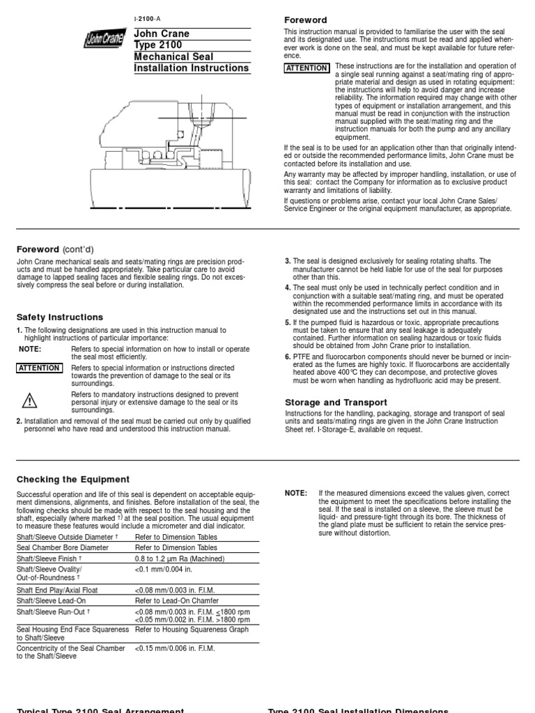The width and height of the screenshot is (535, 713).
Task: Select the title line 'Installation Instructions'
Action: [191, 68]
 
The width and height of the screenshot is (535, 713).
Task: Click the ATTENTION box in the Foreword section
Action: [307, 68]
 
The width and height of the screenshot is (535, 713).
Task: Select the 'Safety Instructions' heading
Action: [59, 317]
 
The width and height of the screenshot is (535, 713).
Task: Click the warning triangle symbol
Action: [29, 400]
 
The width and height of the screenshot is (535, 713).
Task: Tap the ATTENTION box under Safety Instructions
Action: [39, 368]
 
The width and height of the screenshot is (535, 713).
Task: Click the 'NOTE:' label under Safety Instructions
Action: [30, 349]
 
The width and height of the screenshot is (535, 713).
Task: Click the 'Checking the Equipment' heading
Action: [73, 479]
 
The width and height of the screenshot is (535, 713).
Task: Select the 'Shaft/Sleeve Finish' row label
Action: [48, 558]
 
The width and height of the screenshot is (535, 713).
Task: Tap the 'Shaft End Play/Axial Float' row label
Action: [57, 590]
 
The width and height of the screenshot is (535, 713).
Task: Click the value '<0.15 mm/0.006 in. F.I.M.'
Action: [175, 648]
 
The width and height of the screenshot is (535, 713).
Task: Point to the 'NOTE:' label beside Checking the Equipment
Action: [295, 493]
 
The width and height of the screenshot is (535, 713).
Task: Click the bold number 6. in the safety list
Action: [288, 356]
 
